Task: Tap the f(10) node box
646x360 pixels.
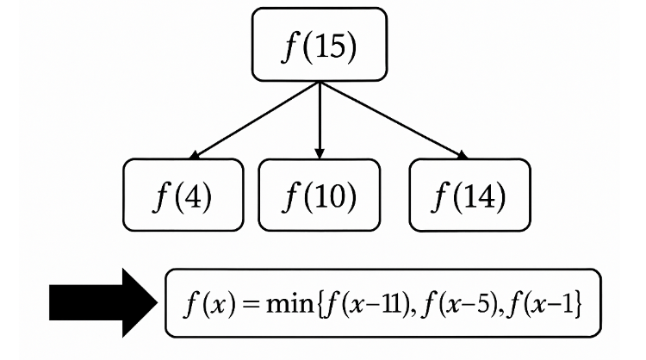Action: point(320,196)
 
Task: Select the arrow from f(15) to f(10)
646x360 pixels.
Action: point(320,121)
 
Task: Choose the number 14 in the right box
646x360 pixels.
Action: point(481,196)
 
